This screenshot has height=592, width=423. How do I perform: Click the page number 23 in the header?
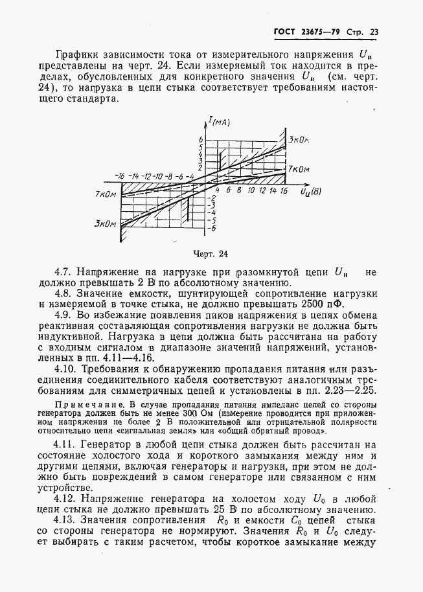click(374, 32)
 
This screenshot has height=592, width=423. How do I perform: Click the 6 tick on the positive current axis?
click(201, 140)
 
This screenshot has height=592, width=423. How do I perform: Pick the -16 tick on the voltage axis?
click(119, 176)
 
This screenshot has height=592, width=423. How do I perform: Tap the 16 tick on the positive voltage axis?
click(284, 191)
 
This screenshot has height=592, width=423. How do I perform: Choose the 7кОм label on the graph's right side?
click(299, 168)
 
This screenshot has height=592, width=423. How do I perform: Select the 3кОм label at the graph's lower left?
click(104, 223)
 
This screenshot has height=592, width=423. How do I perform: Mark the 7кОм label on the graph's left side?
click(105, 194)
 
